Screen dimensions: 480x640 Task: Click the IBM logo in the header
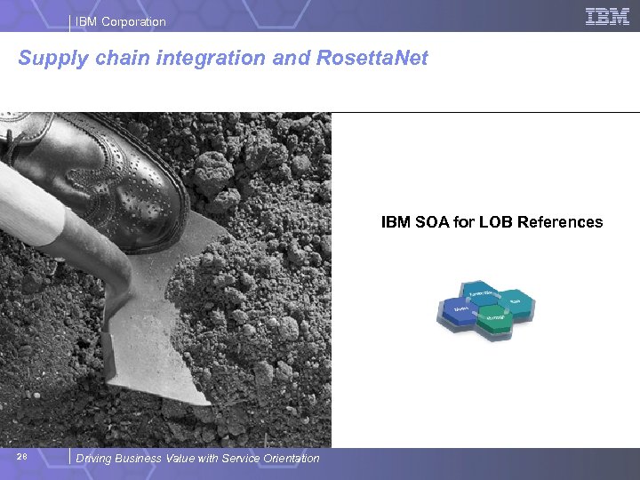pos(608,16)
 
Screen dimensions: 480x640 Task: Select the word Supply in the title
pos(49,59)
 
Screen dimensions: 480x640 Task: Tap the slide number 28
pos(22,457)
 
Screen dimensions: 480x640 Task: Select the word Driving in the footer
pos(95,459)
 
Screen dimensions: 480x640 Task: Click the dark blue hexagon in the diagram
pos(460,311)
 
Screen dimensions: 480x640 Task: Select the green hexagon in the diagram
pos(496,321)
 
